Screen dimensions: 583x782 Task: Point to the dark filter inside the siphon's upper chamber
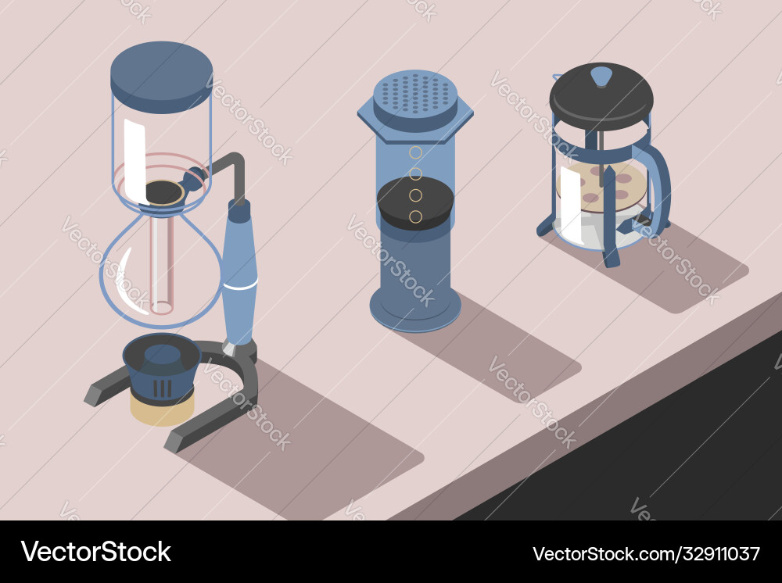pos(165,191)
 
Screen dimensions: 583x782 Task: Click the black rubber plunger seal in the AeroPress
pos(415,204)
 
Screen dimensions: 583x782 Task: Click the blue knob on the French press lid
pos(601,76)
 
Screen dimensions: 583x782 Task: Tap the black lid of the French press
pos(601,98)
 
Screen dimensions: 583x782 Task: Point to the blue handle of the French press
pos(658,188)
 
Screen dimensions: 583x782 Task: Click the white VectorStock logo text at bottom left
pos(95,552)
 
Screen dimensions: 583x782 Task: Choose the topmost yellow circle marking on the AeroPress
pos(416,152)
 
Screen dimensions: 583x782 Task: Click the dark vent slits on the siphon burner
pos(162,388)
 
